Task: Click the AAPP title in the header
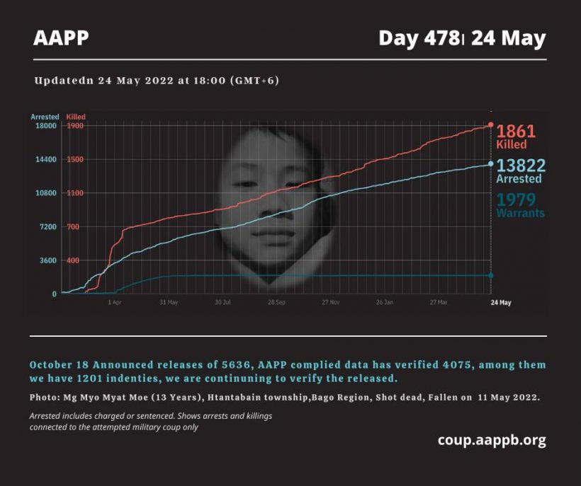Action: tap(61, 38)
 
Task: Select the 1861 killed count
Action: tap(516, 131)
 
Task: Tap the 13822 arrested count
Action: tap(521, 166)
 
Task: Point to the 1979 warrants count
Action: tap(516, 199)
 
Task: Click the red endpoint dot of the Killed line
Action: tap(491, 125)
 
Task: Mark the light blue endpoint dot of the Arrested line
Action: tap(491, 164)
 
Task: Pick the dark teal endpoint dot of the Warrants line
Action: tap(491, 275)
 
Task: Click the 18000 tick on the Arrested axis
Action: tap(45, 126)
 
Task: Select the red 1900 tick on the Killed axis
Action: tap(75, 126)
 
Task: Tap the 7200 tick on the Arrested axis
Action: tap(47, 227)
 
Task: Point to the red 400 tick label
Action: tap(73, 261)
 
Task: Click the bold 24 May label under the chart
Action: tap(500, 302)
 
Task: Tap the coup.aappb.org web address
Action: tap(492, 440)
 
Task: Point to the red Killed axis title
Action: tap(76, 116)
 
